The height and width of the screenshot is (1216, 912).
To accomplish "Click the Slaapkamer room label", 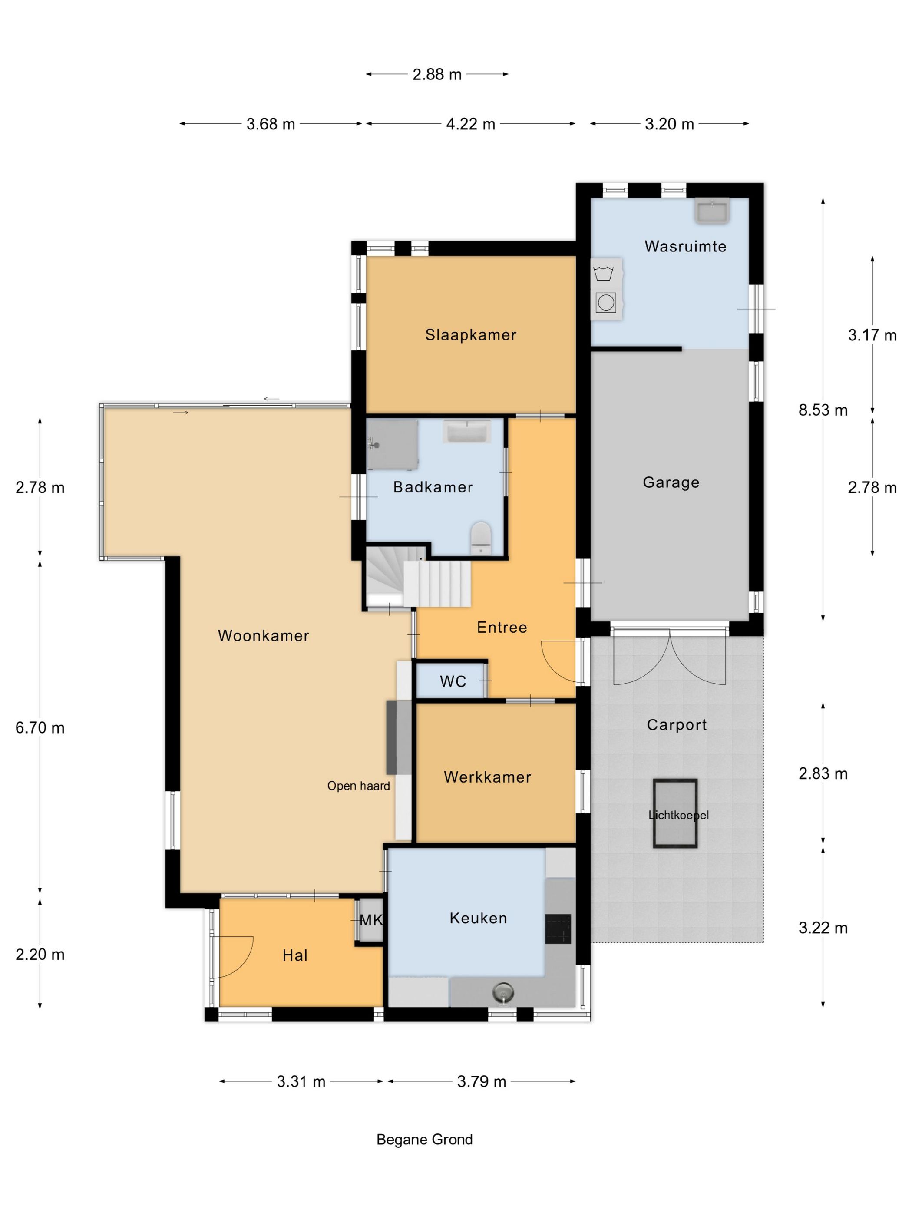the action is pyautogui.click(x=471, y=335).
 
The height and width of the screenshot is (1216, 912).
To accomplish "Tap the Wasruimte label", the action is pyautogui.click(x=685, y=246).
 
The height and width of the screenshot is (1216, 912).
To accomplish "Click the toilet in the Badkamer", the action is pyautogui.click(x=480, y=538).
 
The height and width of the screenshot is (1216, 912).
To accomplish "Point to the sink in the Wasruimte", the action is pyautogui.click(x=712, y=211).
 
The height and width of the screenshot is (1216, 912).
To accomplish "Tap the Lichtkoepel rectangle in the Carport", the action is pyautogui.click(x=674, y=813).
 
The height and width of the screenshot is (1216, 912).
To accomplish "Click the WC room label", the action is pyautogui.click(x=453, y=682).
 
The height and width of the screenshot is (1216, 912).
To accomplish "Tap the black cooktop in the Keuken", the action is pyautogui.click(x=558, y=929).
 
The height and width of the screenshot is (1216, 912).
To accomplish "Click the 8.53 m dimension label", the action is pyautogui.click(x=823, y=410).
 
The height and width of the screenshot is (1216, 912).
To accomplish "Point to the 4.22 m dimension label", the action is pyautogui.click(x=471, y=124).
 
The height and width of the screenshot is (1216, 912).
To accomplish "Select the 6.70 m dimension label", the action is pyautogui.click(x=40, y=728).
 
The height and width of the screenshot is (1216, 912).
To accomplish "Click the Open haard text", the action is pyautogui.click(x=358, y=786).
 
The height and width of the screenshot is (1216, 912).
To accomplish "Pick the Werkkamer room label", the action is pyautogui.click(x=487, y=777).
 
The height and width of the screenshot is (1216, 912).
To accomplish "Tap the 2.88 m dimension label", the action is pyautogui.click(x=437, y=74).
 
